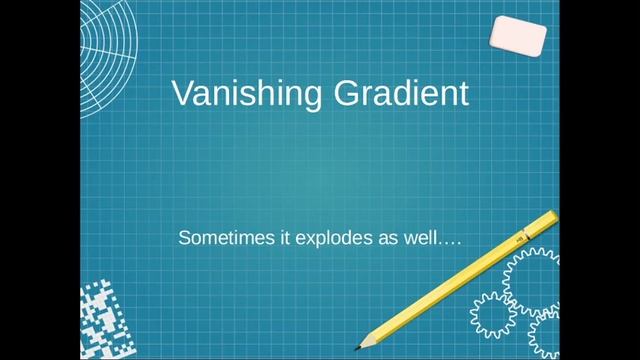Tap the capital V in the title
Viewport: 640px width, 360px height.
[x=181, y=93]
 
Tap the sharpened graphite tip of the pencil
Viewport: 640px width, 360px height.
[x=358, y=347]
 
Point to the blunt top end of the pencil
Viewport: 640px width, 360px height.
[x=551, y=216]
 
